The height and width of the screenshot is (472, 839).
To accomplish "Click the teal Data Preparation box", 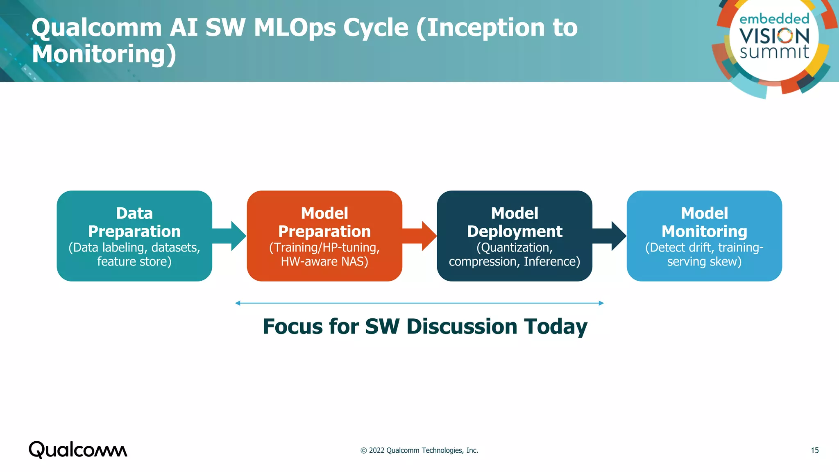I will pos(134,236).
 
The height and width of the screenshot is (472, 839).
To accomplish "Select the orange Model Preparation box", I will pos(324,236).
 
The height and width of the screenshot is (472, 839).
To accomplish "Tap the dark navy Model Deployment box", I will pos(515,236).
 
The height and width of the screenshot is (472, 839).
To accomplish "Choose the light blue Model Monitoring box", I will pos(704,236).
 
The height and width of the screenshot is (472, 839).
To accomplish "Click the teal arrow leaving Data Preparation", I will pos(232,236).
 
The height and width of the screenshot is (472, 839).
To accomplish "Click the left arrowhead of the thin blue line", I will pos(238,303).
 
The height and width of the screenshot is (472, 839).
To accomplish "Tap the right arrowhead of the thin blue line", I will pos(601,303).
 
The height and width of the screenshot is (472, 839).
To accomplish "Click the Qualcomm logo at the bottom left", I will pos(78,450).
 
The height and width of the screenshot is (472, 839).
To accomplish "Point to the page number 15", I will pos(814,450).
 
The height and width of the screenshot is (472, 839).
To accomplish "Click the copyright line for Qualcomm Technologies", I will pos(419,450).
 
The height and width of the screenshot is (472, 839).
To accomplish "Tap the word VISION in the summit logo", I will pos(774,36).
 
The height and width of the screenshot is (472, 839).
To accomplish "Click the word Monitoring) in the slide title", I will pos(104,54).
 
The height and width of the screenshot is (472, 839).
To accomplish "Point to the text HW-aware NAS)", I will pos(324,261).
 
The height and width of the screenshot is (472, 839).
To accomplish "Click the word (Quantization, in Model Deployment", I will pos(515,247).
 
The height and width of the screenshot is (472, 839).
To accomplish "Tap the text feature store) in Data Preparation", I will pos(134,261).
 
